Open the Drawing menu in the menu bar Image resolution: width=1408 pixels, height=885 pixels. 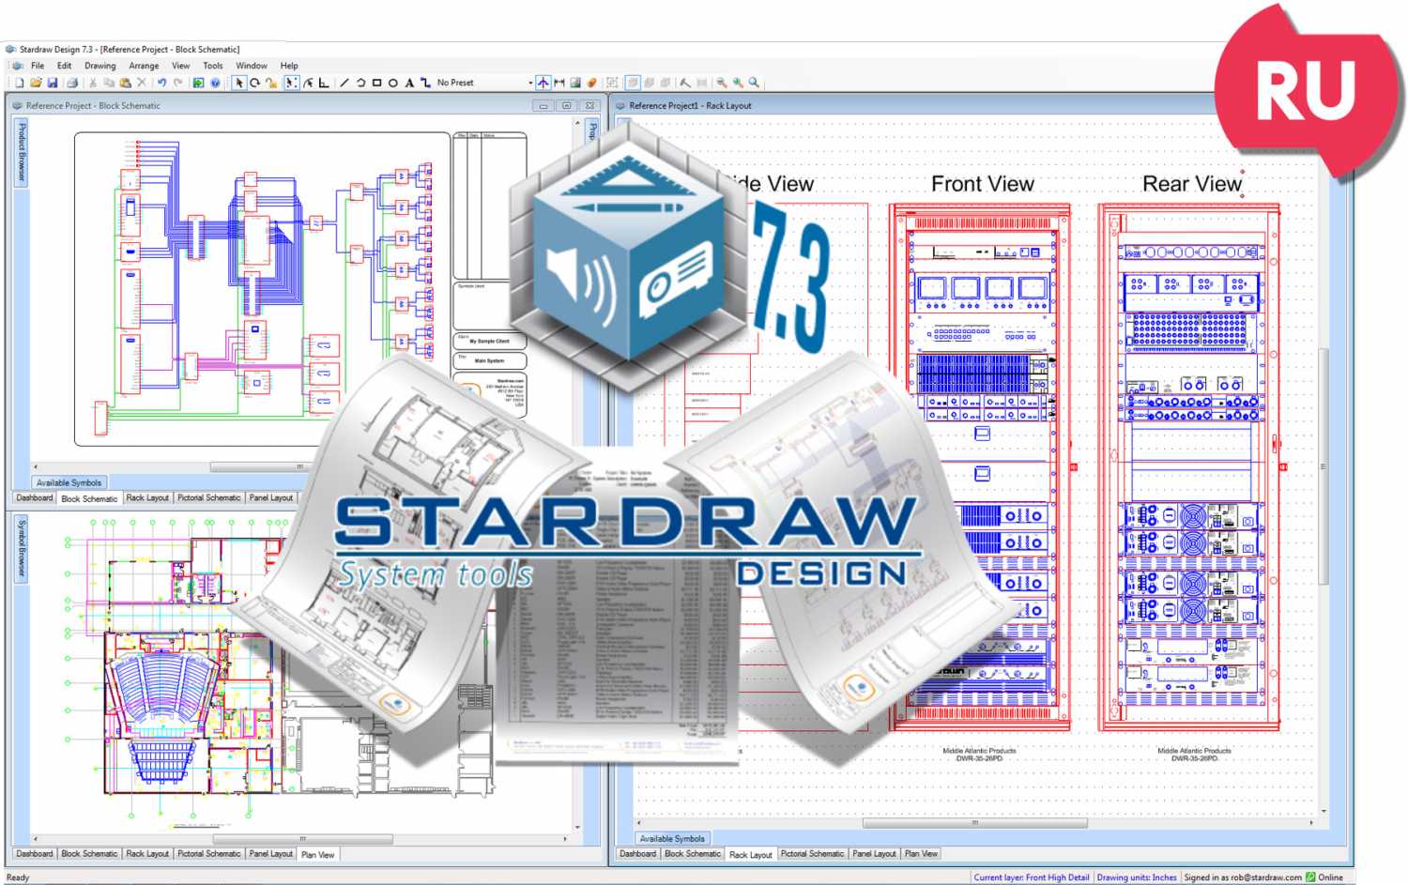[x=99, y=66]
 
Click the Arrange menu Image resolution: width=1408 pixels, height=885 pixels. [x=144, y=66]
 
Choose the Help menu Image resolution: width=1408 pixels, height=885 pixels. [x=289, y=66]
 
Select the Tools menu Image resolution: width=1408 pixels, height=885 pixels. [x=213, y=66]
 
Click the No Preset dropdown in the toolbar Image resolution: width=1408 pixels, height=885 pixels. [x=483, y=83]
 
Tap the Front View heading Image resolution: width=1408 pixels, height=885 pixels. [x=982, y=184]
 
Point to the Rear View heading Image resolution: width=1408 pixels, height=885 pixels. [x=1191, y=184]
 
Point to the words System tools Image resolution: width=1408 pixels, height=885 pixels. [x=436, y=574]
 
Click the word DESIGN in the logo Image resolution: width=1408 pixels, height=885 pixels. [x=821, y=573]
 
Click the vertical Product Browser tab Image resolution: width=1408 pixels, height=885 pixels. [x=22, y=152]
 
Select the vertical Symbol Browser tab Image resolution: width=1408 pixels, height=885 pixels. [x=22, y=548]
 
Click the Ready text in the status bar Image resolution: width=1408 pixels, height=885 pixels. [x=18, y=877]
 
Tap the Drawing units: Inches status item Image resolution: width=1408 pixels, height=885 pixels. [x=1136, y=877]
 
